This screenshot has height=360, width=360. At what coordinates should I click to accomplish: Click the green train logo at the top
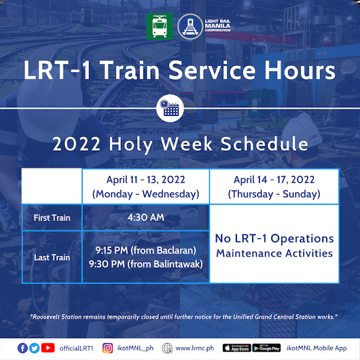point(160,26)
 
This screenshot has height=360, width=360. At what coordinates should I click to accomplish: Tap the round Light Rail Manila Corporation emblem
point(190,26)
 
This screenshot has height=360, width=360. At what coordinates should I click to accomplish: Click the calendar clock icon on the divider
point(170,108)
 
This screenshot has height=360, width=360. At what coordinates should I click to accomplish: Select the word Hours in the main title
point(300,70)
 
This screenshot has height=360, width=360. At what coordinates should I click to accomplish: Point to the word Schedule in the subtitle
point(264,144)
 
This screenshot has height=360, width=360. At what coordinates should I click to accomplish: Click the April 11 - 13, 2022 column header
point(146,186)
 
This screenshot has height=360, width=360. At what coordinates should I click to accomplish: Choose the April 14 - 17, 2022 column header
point(274,186)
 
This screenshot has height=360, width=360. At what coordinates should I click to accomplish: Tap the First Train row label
point(52,218)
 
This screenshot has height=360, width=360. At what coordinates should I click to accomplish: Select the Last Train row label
point(52,258)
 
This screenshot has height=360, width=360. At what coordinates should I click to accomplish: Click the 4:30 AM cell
point(146,217)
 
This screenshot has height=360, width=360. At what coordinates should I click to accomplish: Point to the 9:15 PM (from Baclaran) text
point(146,250)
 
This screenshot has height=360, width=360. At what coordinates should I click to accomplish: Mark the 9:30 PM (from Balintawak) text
point(146,264)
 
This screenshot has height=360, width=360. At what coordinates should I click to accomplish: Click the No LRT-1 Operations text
point(274,238)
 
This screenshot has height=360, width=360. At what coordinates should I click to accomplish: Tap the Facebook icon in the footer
point(22,348)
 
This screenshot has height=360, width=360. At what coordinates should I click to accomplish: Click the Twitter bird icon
point(34,348)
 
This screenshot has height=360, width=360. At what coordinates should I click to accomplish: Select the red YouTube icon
point(48,348)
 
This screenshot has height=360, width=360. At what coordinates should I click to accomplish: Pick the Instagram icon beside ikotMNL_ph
point(107,348)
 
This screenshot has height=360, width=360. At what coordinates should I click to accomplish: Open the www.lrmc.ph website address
point(195,348)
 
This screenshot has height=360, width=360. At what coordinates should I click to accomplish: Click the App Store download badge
point(237,348)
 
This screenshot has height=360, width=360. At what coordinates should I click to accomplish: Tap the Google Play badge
point(267,348)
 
